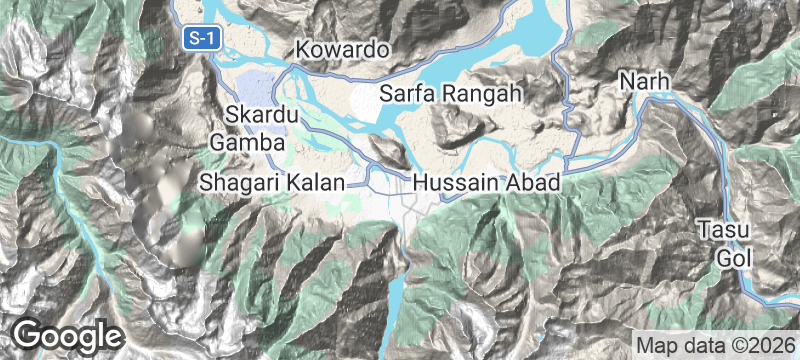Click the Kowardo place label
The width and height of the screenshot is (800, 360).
(x=341, y=50)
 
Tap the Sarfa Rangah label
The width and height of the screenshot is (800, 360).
(x=452, y=96)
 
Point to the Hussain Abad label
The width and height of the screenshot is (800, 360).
(x=488, y=183)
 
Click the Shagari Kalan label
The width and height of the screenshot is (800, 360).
(x=272, y=183)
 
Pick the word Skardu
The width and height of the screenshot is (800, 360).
(x=262, y=116)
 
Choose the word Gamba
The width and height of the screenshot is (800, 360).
(x=242, y=143)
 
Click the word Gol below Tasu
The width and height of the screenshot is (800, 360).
(x=731, y=256)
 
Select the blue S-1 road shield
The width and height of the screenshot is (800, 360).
(x=202, y=38)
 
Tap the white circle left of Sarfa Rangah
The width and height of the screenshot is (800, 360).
(x=365, y=97)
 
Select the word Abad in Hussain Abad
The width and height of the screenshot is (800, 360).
(x=532, y=183)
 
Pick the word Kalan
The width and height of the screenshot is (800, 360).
(x=319, y=183)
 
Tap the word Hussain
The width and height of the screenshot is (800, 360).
(x=456, y=183)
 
